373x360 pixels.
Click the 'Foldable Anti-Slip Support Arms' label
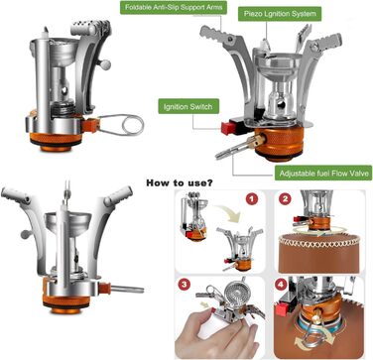174,7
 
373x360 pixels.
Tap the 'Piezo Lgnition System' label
280,14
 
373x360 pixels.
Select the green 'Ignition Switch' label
188,106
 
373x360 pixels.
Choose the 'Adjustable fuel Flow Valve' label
323,173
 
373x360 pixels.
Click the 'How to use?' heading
180,182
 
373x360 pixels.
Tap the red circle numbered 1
252,199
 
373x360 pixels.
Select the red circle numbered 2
286,199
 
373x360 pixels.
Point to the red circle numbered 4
281,285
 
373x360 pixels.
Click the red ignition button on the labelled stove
227,127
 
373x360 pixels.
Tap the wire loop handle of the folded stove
122,124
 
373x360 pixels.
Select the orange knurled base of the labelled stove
280,143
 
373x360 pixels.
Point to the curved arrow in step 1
229,214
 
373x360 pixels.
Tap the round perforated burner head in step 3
233,292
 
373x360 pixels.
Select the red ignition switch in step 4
282,309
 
